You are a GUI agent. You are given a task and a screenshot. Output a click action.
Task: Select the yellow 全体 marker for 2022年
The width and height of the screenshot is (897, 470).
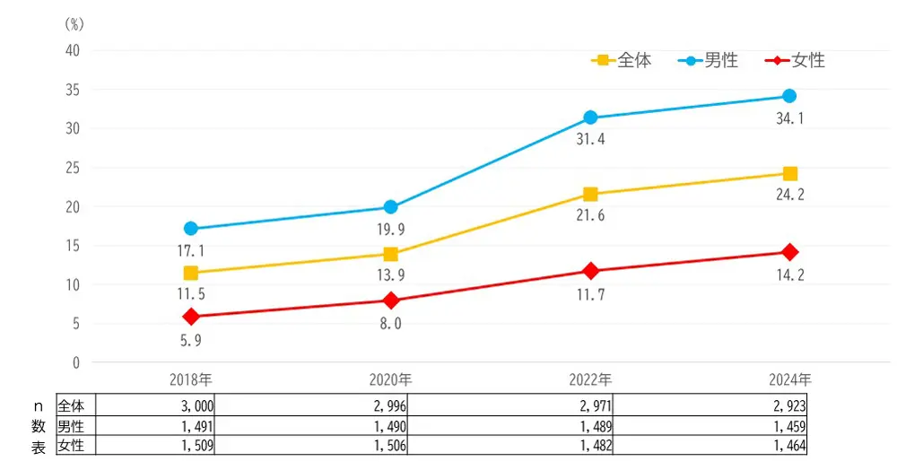coord(590,194)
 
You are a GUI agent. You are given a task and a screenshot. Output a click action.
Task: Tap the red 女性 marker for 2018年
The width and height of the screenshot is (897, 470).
coord(190,317)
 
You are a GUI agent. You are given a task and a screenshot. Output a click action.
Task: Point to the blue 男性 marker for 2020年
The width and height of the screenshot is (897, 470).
coord(390,207)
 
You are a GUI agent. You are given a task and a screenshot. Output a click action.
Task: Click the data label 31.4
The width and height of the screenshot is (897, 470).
coord(590,140)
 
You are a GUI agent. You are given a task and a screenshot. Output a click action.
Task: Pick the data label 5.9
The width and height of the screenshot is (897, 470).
coord(190,340)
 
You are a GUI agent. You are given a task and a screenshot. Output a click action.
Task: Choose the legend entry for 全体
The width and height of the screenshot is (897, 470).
coord(622,61)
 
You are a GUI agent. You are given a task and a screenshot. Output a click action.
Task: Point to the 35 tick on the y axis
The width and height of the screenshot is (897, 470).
coord(72,90)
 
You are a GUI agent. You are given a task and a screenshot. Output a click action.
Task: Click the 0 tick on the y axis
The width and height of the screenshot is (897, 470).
coord(75,362)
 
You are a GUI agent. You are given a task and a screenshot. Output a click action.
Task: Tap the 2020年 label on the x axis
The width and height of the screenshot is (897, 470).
coord(390,379)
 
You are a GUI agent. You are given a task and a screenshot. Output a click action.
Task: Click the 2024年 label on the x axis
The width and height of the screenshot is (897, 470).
coord(789,379)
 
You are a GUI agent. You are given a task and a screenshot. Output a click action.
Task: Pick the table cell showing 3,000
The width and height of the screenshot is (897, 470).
coord(195,405)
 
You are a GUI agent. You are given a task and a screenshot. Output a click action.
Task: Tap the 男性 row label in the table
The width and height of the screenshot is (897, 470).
coord(71,425)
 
